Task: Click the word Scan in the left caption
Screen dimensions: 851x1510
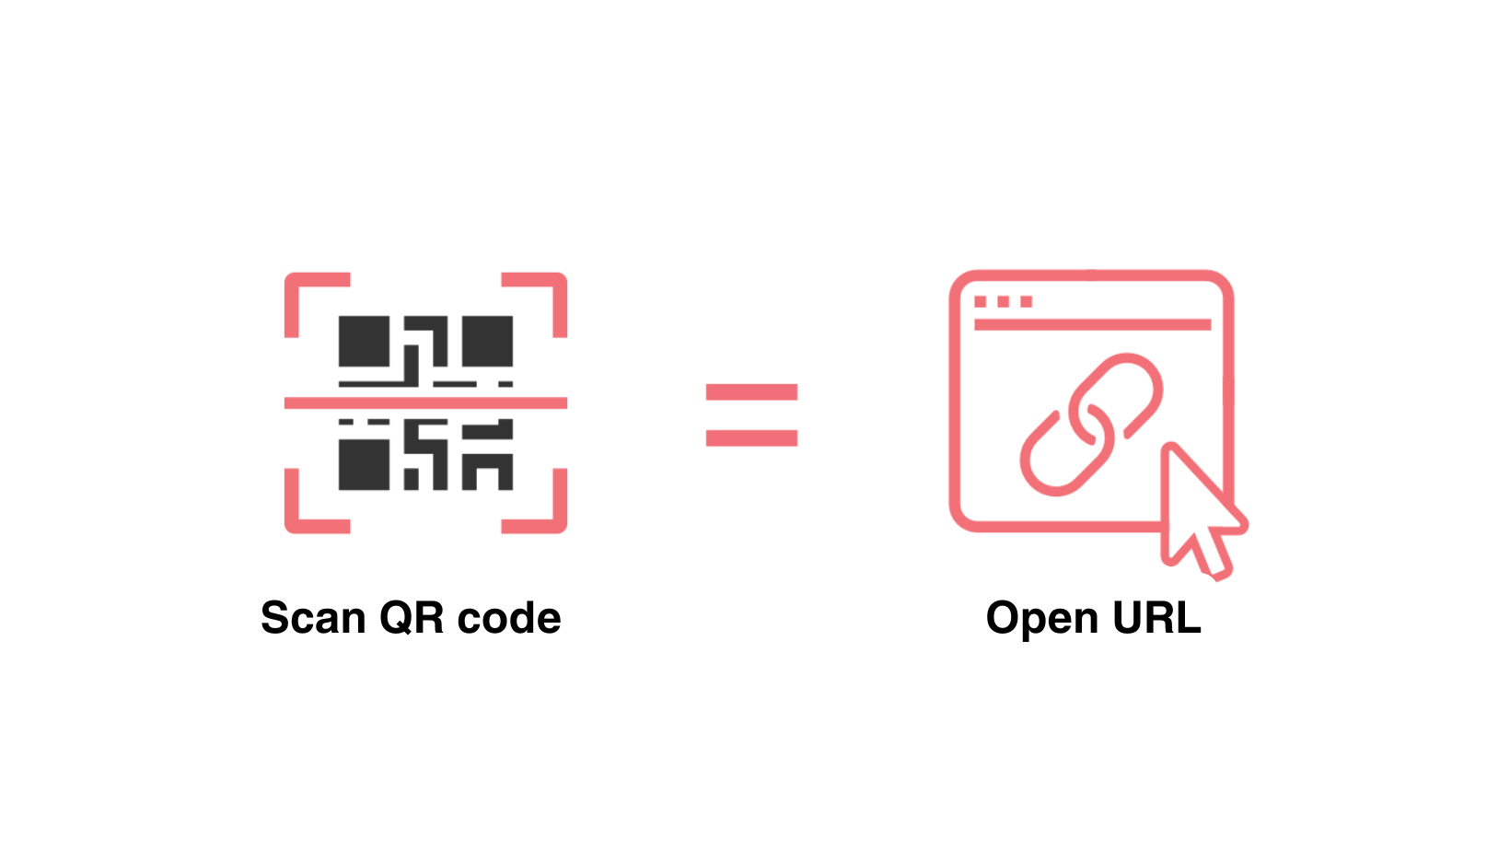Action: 313,618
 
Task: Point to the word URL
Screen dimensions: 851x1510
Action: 1156,618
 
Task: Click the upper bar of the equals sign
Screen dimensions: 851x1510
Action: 751,393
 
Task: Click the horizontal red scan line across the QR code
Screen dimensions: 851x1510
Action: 425,402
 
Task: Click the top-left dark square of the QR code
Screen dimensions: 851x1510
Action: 365,341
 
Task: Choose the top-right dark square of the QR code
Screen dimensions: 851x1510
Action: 487,341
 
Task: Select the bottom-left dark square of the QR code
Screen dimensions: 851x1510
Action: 365,464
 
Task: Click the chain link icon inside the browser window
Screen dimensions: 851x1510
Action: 1091,424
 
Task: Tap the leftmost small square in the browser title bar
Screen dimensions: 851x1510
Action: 981,302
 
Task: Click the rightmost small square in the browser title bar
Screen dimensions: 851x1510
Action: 1027,302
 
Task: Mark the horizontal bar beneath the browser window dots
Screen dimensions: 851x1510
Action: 1092,324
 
